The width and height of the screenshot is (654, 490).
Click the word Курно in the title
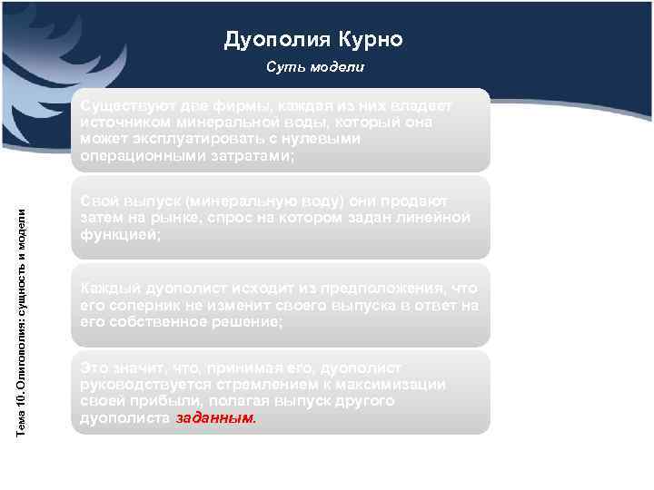pos(370,40)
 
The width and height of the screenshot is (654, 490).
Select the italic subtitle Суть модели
pos(315,68)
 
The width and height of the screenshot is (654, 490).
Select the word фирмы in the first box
pos(233,105)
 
